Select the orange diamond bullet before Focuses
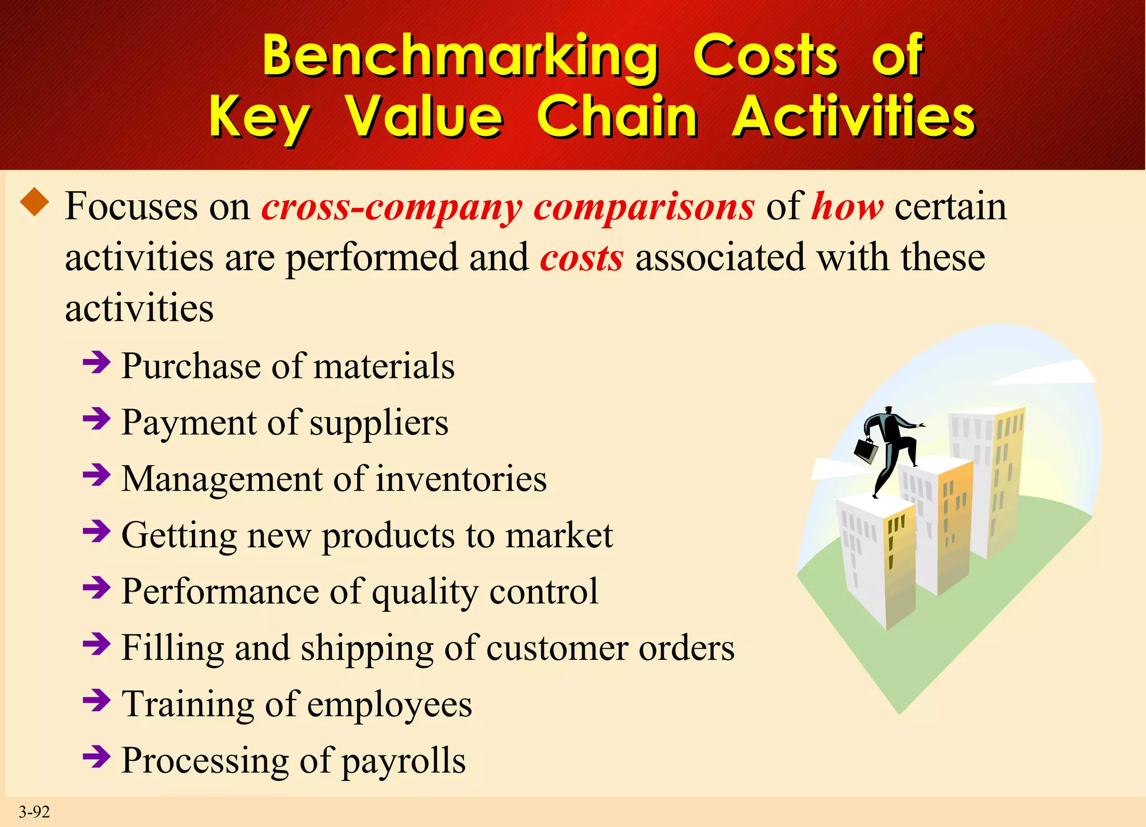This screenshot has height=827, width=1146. click(x=35, y=202)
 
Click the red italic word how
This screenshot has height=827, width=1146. click(x=847, y=207)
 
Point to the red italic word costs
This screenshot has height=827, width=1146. click(x=581, y=258)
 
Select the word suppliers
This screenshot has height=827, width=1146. click(x=379, y=423)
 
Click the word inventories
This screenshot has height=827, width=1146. click(x=461, y=479)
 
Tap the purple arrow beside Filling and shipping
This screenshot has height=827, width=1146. click(x=96, y=645)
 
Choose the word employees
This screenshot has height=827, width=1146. click(x=389, y=705)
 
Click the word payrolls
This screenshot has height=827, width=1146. click(x=403, y=761)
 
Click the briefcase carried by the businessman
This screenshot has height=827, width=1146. click(x=866, y=450)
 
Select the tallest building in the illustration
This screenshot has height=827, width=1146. click(x=986, y=481)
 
